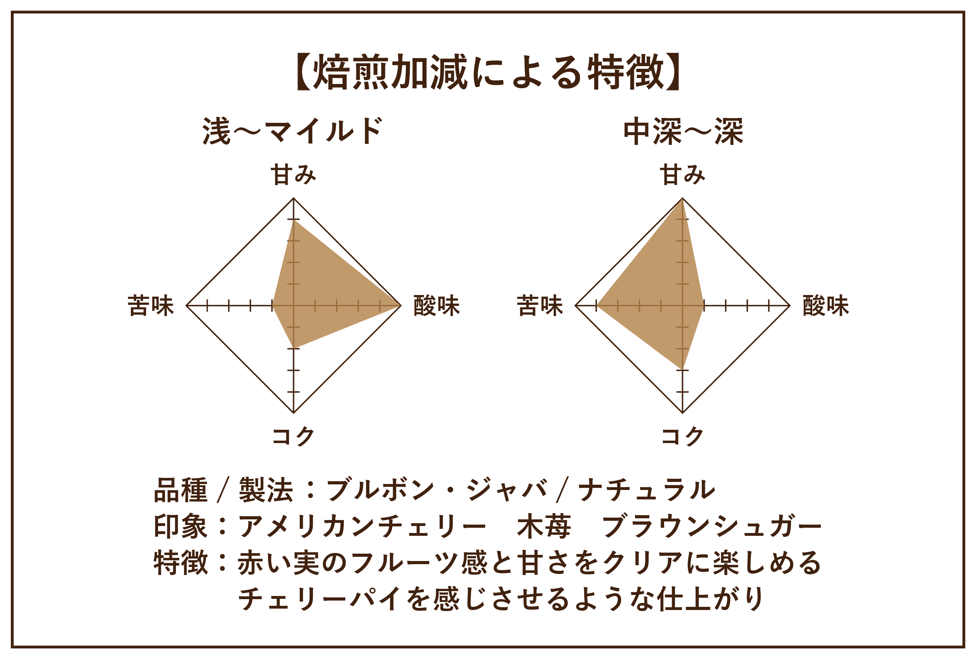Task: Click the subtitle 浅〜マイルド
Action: (x=292, y=131)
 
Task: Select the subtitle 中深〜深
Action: (x=683, y=131)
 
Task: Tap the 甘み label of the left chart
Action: (x=293, y=175)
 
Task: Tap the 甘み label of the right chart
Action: (x=683, y=175)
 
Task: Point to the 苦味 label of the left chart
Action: (x=151, y=306)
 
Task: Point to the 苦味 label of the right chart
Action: (x=540, y=306)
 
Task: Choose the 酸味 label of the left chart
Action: (x=437, y=306)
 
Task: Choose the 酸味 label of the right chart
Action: (x=826, y=306)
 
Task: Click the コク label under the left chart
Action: (x=293, y=436)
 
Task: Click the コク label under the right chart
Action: (x=683, y=436)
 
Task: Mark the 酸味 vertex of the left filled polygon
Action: (x=400, y=306)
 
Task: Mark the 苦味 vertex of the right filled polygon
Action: (x=598, y=306)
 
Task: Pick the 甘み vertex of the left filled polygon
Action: (x=293, y=220)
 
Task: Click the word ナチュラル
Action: (x=647, y=490)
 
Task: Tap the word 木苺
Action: (x=544, y=527)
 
